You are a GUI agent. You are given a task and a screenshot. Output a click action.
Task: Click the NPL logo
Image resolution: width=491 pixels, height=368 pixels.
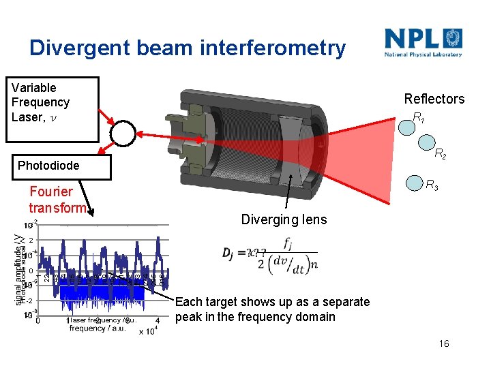(x=423, y=42)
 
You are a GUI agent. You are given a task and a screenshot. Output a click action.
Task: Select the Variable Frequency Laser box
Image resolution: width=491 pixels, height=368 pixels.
(x=53, y=109)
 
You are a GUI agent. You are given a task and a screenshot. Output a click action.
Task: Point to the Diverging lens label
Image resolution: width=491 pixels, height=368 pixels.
(x=284, y=219)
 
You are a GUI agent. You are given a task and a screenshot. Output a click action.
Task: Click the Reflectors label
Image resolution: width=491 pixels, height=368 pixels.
(x=434, y=99)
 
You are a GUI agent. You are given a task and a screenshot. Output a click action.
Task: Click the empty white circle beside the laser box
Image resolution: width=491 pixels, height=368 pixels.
(x=123, y=134)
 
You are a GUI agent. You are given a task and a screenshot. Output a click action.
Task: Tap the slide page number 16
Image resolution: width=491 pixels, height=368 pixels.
(x=444, y=344)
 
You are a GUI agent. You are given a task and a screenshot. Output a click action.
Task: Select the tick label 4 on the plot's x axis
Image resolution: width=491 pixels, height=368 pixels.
(x=158, y=320)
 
